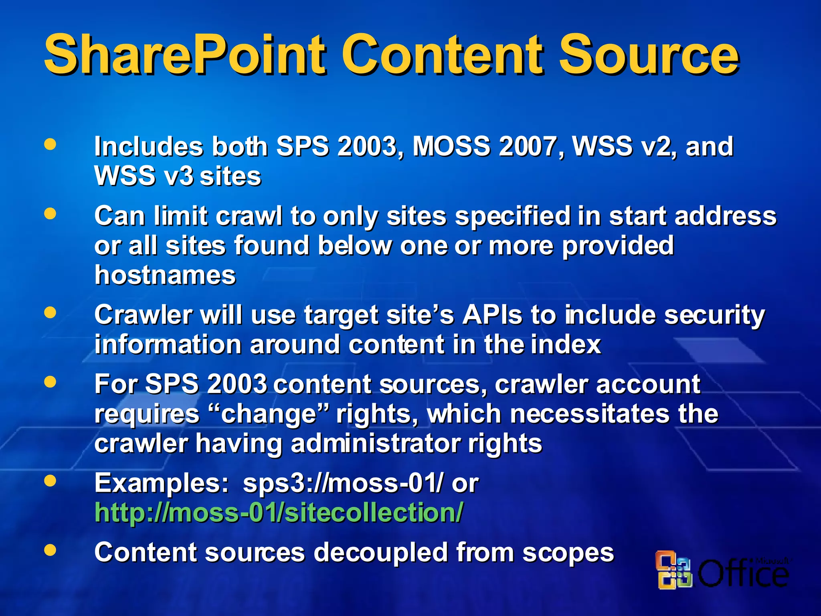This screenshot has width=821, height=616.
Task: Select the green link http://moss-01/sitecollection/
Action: [279, 513]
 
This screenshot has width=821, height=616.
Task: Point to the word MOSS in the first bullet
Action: [451, 146]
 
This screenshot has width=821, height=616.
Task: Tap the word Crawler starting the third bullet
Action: [143, 315]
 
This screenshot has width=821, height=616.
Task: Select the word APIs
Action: [493, 315]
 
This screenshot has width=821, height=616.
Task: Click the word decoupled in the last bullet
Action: [380, 552]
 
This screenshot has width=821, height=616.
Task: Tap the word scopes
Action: [568, 552]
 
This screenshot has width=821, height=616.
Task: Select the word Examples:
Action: [162, 483]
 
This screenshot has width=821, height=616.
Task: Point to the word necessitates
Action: [590, 414]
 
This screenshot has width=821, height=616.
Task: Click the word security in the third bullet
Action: [714, 315]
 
